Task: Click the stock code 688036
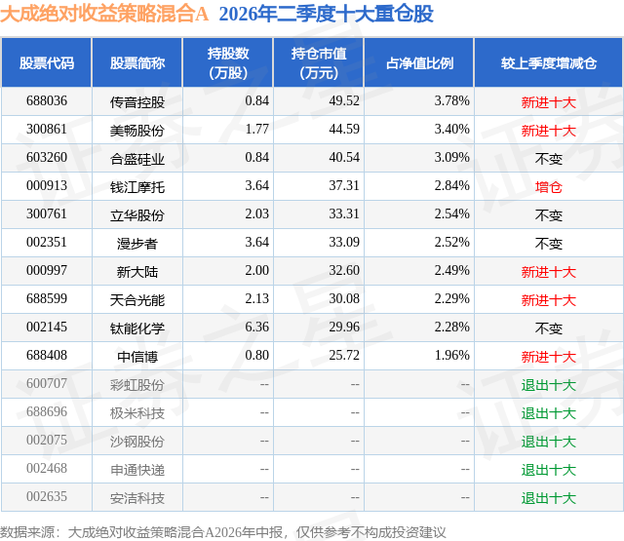[47, 101]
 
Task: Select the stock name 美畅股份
[137, 131]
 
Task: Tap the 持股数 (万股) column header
[228, 62]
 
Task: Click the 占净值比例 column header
[419, 63]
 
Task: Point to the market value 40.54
[344, 158]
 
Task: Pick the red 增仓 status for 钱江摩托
[548, 187]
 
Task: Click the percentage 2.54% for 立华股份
[452, 214]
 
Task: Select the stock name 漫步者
[137, 244]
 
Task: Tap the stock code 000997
[47, 271]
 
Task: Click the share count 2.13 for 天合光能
[257, 298]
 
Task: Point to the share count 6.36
[257, 327]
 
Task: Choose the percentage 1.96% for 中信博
[452, 355]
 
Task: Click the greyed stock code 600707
[47, 383]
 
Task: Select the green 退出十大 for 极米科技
[548, 413]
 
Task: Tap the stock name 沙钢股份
[137, 442]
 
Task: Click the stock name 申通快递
[137, 470]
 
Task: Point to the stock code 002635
[47, 496]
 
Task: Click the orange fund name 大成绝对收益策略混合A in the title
[104, 14]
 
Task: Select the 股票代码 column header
[47, 63]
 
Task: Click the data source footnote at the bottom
[223, 532]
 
